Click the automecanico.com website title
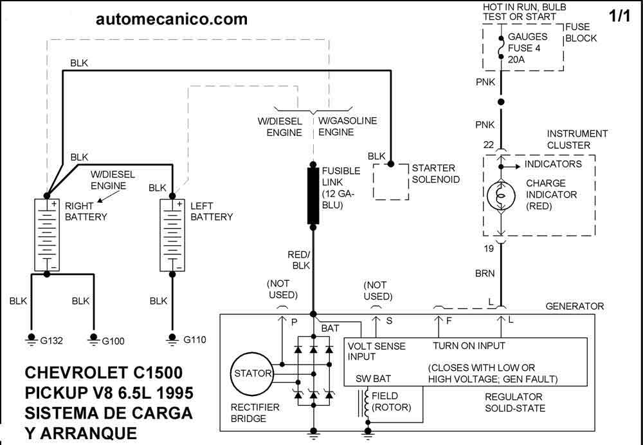171,19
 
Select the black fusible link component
313,196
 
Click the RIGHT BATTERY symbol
46,234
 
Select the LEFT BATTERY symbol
172,234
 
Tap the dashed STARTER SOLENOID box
392,180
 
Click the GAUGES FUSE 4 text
527,43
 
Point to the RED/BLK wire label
299,260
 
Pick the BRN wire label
485,274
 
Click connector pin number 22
488,146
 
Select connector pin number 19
488,248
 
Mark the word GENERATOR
574,307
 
